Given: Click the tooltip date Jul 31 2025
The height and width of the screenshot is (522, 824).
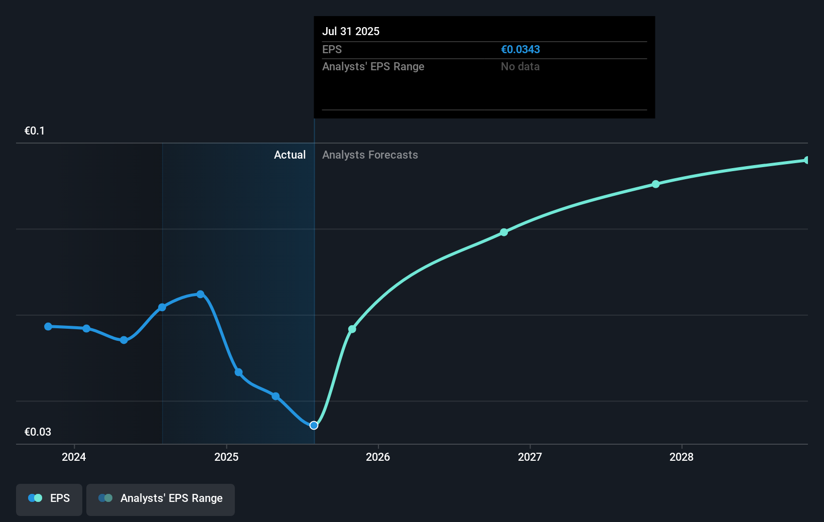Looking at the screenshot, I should click(x=350, y=31).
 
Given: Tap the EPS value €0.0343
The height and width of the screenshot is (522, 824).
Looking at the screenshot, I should click(x=520, y=49).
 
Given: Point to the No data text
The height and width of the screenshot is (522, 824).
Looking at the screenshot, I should click(x=520, y=66).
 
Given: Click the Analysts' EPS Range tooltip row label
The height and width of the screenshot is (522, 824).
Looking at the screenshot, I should click(x=373, y=66).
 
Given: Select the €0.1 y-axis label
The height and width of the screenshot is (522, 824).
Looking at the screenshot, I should click(x=35, y=130).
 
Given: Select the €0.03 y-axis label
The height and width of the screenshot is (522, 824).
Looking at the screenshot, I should click(x=38, y=432).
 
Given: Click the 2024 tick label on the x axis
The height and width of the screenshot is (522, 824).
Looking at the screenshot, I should click(x=74, y=457).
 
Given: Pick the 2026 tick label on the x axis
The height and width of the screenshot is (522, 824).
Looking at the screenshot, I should click(x=377, y=457).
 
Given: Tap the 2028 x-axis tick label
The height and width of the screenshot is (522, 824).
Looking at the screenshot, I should click(x=681, y=457).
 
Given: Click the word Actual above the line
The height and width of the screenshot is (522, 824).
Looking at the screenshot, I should click(x=290, y=155).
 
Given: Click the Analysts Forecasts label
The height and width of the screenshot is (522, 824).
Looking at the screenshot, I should click(x=370, y=155).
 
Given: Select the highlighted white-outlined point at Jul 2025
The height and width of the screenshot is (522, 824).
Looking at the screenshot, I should click(x=314, y=425).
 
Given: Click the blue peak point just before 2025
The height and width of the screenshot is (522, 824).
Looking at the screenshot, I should click(x=200, y=294).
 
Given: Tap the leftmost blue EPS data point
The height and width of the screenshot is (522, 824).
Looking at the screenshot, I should click(x=48, y=326).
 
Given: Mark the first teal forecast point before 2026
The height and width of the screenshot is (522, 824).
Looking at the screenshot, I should click(x=352, y=329).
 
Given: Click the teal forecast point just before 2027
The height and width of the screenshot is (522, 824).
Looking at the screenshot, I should click(x=504, y=232).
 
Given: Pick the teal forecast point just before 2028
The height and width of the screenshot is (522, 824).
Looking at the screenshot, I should click(x=655, y=184).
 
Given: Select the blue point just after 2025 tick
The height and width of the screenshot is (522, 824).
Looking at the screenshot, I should click(x=239, y=372).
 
